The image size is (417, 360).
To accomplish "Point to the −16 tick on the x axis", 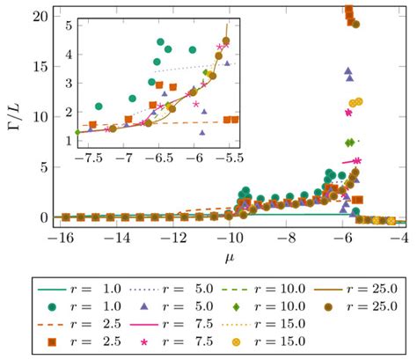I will point(59,237).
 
